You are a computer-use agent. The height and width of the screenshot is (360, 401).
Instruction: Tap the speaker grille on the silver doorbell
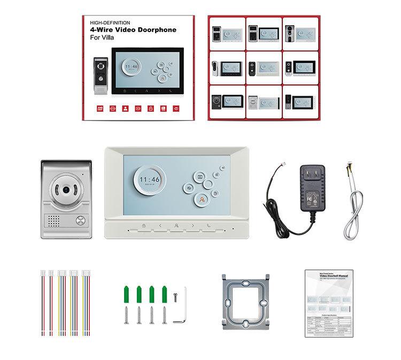pyautogui.click(x=55, y=221)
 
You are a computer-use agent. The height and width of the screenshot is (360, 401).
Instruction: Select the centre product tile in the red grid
pyautogui.click(x=263, y=67)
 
